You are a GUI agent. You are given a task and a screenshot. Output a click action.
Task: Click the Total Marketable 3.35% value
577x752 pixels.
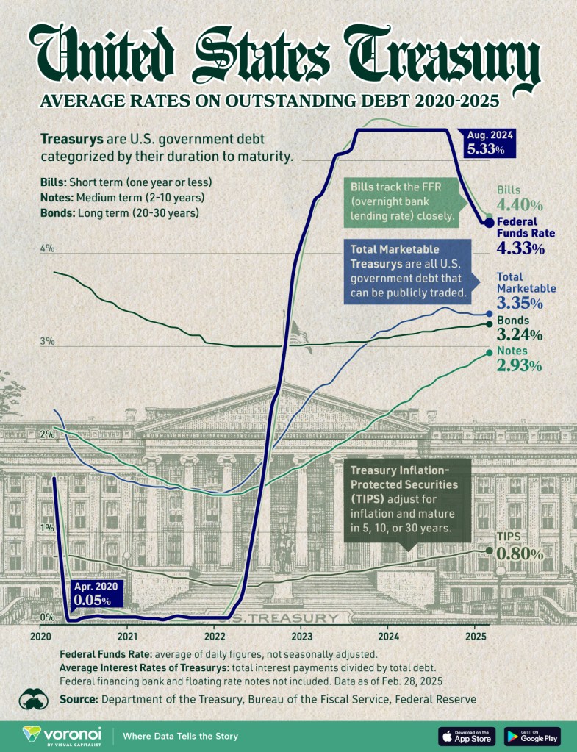click(x=520, y=303)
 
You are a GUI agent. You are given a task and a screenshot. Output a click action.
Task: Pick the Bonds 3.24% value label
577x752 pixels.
click(x=520, y=335)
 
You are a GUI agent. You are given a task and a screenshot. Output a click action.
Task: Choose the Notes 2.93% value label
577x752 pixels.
click(x=520, y=365)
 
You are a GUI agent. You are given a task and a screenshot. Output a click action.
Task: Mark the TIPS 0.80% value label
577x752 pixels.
click(x=520, y=554)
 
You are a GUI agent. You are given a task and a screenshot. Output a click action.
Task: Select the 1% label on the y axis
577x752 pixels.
click(x=48, y=528)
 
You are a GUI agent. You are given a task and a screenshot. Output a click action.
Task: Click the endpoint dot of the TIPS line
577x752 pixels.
click(x=489, y=550)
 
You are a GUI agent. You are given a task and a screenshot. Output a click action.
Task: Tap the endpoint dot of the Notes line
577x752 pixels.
click(x=490, y=353)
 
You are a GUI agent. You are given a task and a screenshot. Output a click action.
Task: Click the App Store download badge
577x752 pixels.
click(x=467, y=735)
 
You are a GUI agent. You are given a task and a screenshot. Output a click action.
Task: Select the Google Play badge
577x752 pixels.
click(x=532, y=735)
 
